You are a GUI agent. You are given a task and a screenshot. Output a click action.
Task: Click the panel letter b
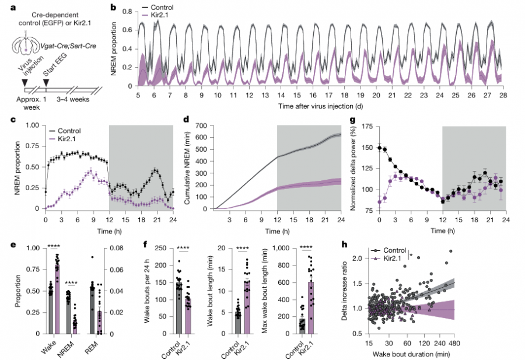(x=114, y=6)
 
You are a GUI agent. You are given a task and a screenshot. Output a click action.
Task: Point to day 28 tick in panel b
(x=503, y=95)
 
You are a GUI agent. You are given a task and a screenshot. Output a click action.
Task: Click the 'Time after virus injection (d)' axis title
(x=320, y=106)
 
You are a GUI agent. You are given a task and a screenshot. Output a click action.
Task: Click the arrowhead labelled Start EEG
(x=46, y=82)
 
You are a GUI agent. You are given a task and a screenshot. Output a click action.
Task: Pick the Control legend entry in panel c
(x=65, y=131)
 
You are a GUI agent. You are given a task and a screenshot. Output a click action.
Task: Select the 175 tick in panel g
(x=368, y=126)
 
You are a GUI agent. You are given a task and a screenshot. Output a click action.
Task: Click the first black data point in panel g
(x=379, y=148)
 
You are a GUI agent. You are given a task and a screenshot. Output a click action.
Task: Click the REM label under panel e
(x=92, y=348)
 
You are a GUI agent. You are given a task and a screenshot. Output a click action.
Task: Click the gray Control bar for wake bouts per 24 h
(x=179, y=308)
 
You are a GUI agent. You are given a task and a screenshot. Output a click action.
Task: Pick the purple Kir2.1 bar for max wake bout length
(x=311, y=307)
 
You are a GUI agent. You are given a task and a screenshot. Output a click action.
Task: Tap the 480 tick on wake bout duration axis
(x=454, y=343)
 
